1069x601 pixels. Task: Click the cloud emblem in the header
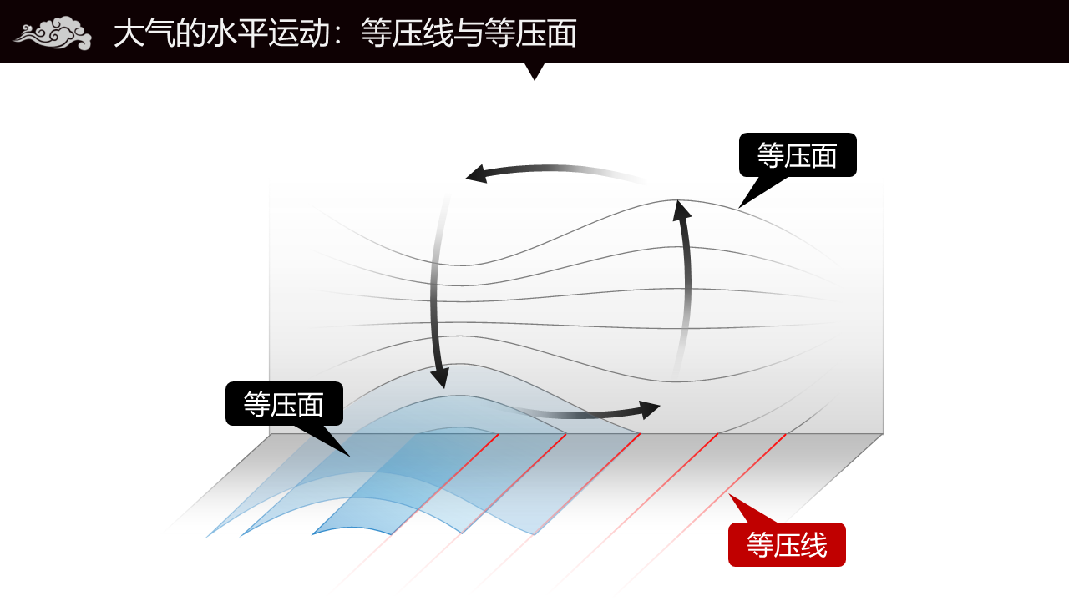53,33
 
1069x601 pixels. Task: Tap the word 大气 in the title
144,33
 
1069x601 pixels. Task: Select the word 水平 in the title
237,33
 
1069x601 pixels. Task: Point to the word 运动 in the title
299,33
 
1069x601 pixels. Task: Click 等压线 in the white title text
407,33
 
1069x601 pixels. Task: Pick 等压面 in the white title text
530,33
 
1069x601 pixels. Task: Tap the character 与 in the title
469,33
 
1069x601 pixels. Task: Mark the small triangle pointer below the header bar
534,71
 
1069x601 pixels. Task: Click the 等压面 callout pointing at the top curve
798,155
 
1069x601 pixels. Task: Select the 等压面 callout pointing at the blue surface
284,403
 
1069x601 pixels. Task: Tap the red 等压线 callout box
787,544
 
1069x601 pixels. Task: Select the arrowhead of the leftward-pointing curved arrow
476,174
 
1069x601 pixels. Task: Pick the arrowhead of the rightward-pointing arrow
649,410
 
